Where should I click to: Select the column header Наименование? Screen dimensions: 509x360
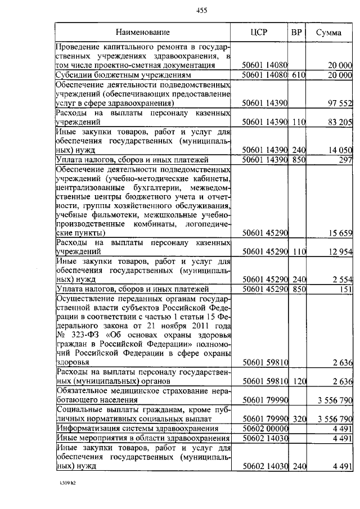click(143, 33)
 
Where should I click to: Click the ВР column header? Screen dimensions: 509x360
click(296, 33)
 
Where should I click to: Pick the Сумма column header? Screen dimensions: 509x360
click(328, 33)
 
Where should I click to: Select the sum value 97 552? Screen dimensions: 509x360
click(339, 103)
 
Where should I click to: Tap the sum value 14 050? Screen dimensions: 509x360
click(339, 150)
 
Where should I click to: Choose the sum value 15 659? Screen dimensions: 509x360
click(339, 232)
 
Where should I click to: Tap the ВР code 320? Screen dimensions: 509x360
click(297, 419)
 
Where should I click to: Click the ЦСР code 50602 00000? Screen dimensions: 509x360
click(264, 429)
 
